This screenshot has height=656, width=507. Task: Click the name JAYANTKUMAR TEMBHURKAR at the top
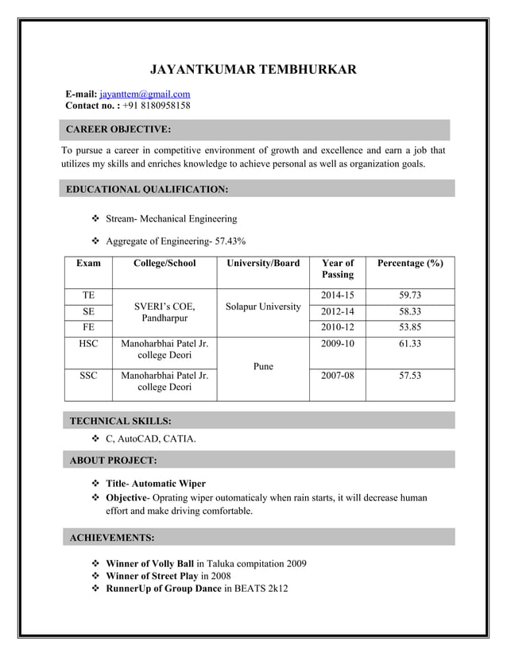click(x=253, y=70)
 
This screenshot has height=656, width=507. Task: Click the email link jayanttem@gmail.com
click(x=145, y=94)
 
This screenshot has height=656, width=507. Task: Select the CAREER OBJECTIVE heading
click(x=118, y=129)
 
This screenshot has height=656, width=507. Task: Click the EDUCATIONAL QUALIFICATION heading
click(x=147, y=189)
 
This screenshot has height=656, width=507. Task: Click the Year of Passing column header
click(x=338, y=268)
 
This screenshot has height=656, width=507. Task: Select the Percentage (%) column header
click(x=410, y=263)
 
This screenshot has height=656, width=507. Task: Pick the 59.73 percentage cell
click(x=410, y=295)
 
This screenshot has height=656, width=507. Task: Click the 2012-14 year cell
click(x=338, y=312)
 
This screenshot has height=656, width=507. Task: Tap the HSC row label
click(x=88, y=344)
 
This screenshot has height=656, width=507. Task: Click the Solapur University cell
click(x=263, y=307)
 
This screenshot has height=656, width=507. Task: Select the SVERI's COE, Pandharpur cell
click(x=164, y=312)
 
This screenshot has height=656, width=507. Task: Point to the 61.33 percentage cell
click(x=410, y=344)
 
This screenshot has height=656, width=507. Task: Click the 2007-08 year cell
click(x=338, y=376)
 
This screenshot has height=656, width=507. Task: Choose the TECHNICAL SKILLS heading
click(x=120, y=421)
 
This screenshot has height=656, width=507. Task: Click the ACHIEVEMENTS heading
click(x=112, y=538)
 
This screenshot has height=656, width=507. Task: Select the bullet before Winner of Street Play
click(x=97, y=576)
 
